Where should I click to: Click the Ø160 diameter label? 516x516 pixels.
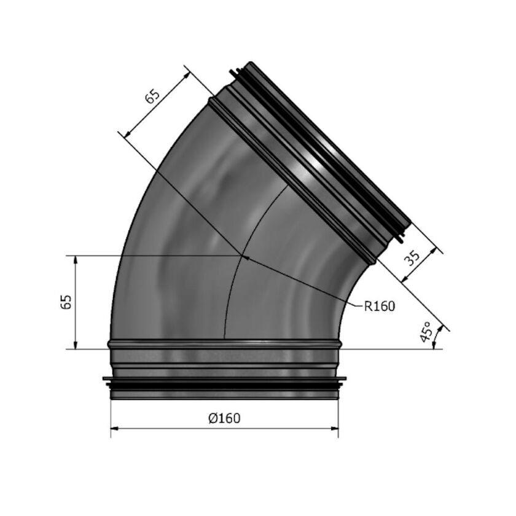pos(224,418)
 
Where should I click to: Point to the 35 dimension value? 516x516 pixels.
pos(412,258)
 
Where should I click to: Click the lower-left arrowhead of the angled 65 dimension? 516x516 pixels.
pos(128,133)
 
